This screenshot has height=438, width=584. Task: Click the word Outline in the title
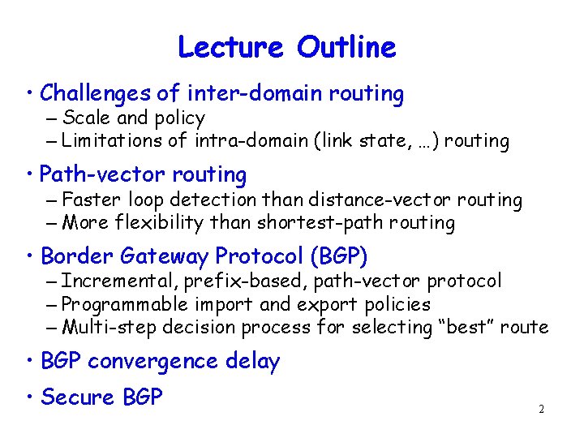point(346,47)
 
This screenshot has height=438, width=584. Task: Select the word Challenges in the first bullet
point(94,94)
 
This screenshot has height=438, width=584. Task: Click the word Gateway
point(165,257)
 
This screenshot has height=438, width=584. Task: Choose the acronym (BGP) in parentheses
point(339,257)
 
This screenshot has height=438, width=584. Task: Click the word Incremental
point(118,281)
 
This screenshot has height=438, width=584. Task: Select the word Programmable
point(122,305)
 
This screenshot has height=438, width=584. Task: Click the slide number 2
point(541,409)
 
